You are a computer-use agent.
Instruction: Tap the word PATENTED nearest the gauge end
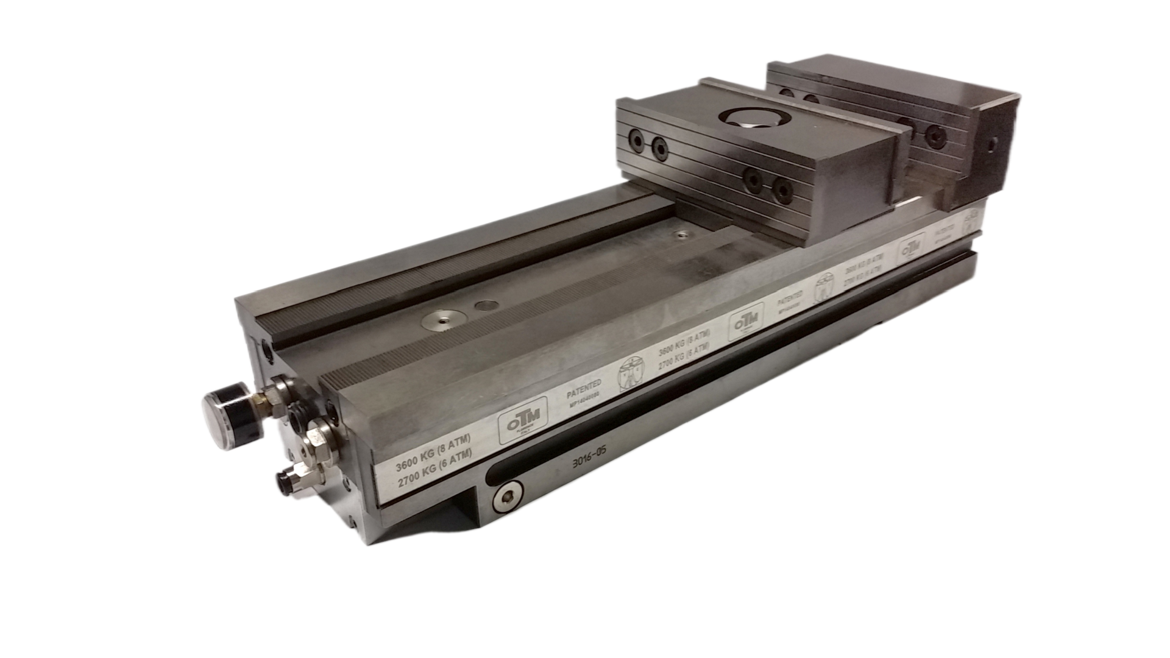click(x=584, y=386)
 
